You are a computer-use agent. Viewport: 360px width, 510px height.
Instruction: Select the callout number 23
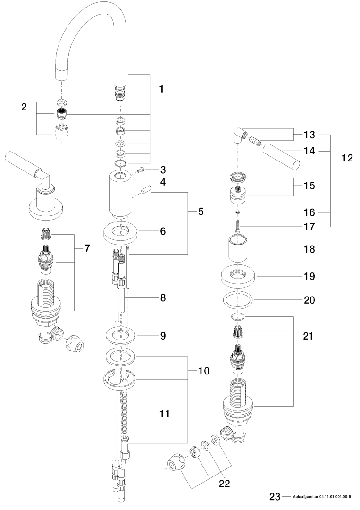pyautogui.click(x=275, y=497)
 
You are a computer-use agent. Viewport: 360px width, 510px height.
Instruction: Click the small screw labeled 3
pyautogui.click(x=140, y=170)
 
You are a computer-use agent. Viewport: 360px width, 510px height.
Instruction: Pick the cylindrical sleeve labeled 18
pyautogui.click(x=238, y=249)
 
